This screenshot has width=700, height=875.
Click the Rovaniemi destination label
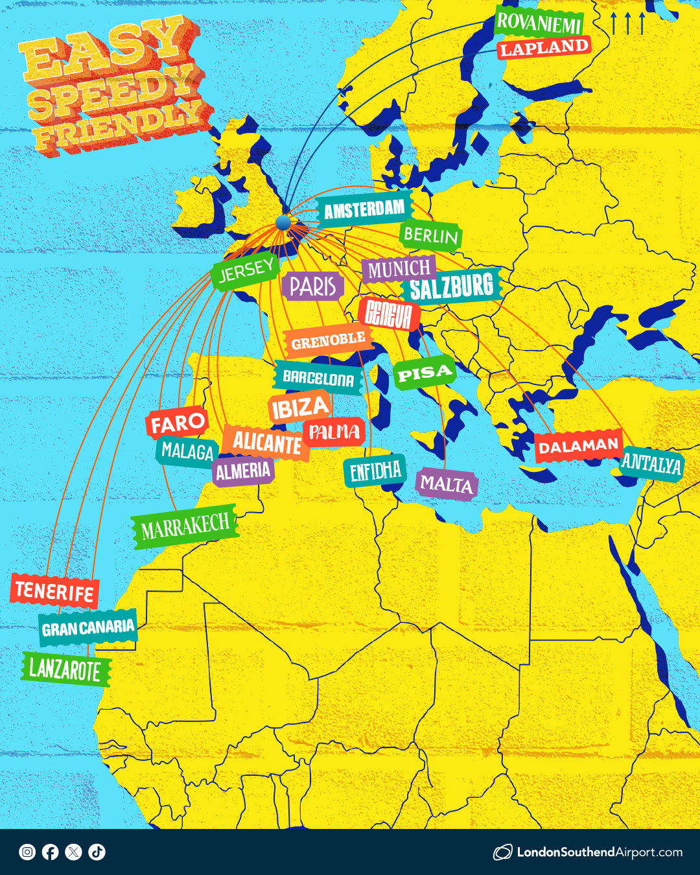click(539, 23)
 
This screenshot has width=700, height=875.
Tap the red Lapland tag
click(544, 48)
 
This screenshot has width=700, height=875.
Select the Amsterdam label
click(364, 210)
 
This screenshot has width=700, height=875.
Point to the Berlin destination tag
click(430, 235)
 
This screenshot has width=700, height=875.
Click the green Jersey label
click(246, 271)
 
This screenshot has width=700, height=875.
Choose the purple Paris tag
click(312, 286)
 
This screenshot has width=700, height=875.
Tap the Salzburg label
click(452, 287)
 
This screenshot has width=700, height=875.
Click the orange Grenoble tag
click(328, 341)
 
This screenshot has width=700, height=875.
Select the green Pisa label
click(424, 374)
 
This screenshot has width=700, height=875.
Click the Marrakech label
click(185, 527)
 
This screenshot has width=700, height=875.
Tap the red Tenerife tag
click(54, 591)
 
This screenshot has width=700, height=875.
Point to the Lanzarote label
click(65, 670)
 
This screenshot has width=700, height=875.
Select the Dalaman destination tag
click(578, 447)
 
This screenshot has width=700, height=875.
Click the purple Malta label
click(446, 484)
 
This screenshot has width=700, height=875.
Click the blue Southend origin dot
click(283, 223)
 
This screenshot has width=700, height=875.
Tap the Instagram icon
click(27, 852)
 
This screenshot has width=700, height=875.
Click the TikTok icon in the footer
click(97, 852)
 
